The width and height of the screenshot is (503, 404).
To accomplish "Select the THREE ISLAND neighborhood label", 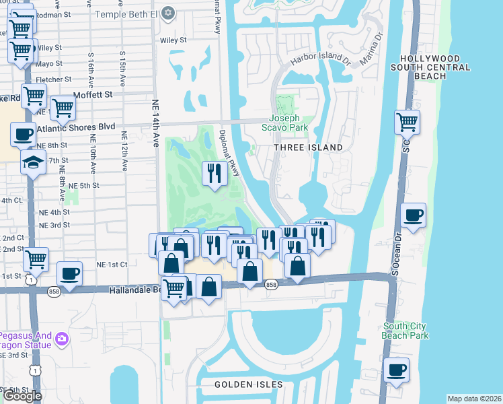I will [309, 147].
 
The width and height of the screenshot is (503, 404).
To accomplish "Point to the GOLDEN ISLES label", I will [245, 385].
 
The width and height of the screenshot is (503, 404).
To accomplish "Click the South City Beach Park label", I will [404, 331].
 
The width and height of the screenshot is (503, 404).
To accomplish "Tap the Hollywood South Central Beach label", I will [435, 67].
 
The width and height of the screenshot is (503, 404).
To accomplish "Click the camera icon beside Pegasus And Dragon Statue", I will [62, 338].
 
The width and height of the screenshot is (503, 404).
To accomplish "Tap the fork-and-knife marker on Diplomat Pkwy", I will [215, 174].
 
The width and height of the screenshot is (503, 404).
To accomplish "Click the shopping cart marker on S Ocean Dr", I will [408, 123].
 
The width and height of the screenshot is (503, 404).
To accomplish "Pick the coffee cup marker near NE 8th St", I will [24, 133].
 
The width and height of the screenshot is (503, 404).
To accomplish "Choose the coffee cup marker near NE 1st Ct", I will [69, 273].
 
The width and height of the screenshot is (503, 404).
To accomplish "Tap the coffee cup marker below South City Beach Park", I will [396, 370].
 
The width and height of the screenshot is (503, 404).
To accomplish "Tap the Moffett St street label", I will [93, 96].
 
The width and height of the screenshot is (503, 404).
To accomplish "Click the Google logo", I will [23, 396].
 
